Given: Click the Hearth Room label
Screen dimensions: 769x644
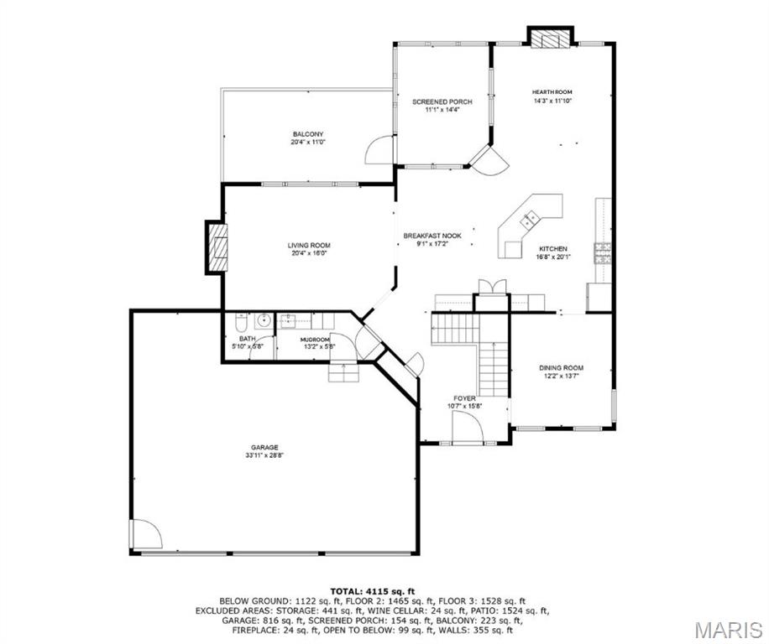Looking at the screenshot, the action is [552, 92].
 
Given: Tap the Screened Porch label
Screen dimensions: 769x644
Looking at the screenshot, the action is [442, 101].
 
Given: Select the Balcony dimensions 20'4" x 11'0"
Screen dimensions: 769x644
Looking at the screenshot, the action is [308, 142].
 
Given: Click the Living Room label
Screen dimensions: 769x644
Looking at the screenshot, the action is [309, 246].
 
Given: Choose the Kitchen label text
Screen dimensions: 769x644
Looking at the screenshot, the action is [553, 249].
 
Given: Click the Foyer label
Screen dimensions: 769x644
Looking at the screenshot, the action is [464, 398].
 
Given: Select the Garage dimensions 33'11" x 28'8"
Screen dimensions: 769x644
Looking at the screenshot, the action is [264, 455].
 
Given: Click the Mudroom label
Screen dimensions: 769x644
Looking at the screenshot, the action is [315, 340].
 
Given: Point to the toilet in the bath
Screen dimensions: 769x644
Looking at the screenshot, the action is [242, 322].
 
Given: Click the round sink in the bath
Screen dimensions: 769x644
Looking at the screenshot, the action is [264, 321].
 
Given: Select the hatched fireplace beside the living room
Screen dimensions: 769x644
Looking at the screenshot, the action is [217, 247].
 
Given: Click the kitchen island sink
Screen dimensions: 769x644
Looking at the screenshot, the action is [529, 220].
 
